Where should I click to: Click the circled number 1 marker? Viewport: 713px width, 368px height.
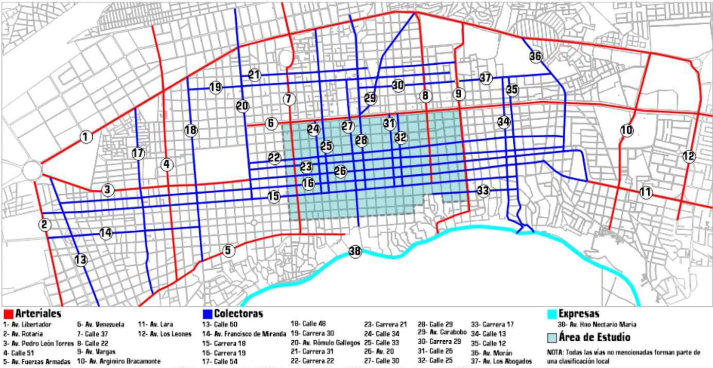click(x=86, y=137)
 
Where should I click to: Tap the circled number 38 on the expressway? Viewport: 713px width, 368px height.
click(x=355, y=251)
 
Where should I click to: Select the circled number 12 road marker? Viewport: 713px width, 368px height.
click(x=689, y=157)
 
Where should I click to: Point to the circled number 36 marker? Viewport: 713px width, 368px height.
click(x=535, y=56)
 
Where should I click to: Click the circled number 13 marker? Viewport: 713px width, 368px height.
click(x=81, y=260)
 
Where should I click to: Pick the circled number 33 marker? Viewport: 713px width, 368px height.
click(x=482, y=191)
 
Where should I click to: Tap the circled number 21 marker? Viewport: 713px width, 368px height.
click(x=254, y=75)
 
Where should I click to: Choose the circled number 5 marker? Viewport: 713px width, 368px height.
click(x=229, y=250)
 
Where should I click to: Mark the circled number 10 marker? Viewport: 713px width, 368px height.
click(x=627, y=131)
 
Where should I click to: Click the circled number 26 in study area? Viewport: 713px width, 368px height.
click(x=340, y=171)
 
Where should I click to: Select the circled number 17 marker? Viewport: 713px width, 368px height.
click(x=137, y=153)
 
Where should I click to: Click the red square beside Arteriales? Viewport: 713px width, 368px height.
click(x=8, y=314)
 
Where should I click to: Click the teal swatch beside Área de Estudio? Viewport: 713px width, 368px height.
click(x=551, y=337)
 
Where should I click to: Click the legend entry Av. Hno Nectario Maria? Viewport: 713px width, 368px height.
click(x=600, y=324)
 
